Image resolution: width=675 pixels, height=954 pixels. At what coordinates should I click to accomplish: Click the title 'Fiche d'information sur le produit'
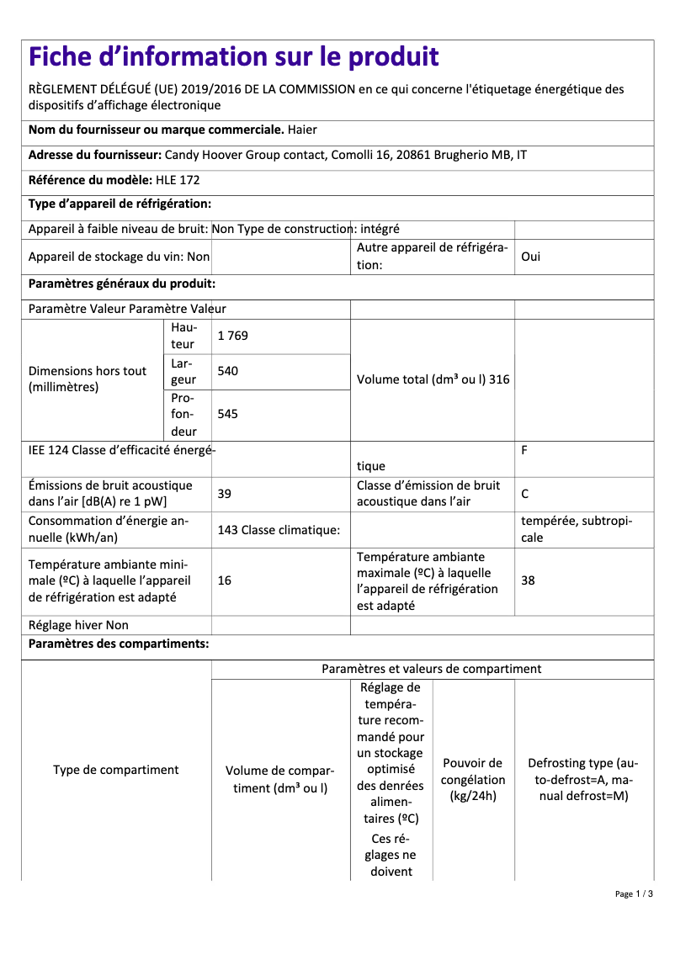coord(233,57)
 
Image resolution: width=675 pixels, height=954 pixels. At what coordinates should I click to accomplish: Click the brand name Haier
coord(302,130)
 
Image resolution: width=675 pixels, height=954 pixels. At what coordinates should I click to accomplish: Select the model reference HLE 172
coord(178,180)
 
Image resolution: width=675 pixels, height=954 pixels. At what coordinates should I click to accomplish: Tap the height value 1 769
coord(232,336)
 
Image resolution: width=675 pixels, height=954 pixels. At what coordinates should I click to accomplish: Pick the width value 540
coord(227,371)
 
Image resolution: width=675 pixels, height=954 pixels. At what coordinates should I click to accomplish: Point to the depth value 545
coord(227,414)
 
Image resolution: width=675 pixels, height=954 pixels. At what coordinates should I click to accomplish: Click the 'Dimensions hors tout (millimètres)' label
coord(88,379)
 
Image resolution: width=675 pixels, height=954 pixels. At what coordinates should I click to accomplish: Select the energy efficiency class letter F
coord(524,450)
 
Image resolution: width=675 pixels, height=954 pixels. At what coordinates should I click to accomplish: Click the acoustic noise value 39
coord(224,494)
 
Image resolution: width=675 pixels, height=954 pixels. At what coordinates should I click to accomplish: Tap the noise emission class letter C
coord(525,494)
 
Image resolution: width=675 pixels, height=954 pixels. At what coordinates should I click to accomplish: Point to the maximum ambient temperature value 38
coord(528,581)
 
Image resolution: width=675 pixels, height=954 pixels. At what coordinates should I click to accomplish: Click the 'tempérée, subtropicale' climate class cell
coord(577,529)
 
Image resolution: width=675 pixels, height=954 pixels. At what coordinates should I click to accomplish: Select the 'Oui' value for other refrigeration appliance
coord(531,257)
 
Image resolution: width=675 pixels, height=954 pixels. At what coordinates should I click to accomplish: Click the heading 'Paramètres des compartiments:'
coord(119,644)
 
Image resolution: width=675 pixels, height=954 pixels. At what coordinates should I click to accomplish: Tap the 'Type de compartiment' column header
coord(116,770)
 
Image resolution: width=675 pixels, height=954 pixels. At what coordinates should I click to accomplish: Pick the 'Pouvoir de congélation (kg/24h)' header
coord(473,780)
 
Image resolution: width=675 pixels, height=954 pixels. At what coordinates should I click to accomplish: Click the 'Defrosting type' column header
coord(583,780)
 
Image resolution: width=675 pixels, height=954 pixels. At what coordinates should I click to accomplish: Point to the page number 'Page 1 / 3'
coord(634,893)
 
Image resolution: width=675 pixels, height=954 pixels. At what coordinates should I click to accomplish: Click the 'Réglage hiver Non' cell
coord(79,625)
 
